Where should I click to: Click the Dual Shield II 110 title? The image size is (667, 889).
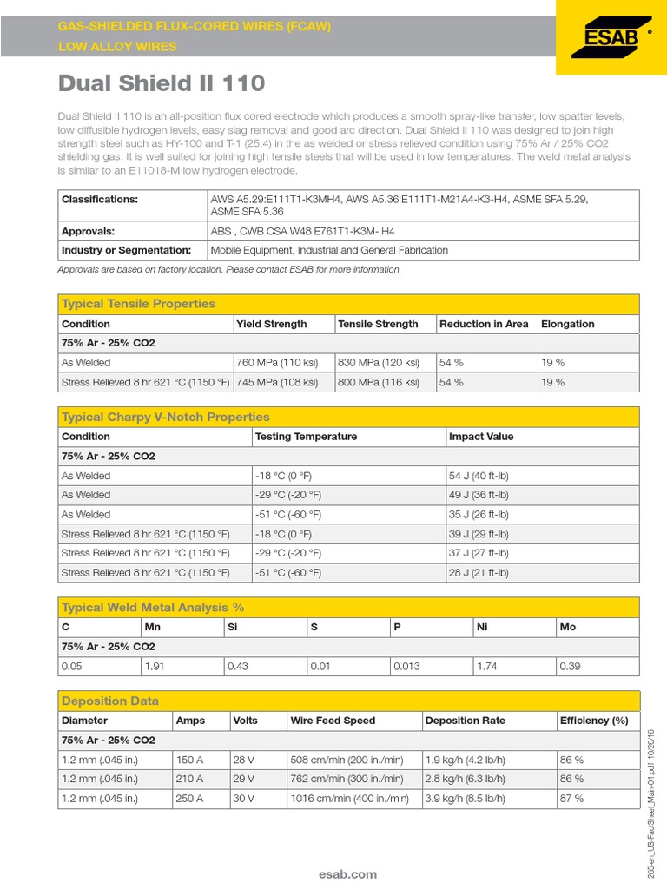tap(161, 83)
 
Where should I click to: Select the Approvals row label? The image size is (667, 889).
tap(88, 232)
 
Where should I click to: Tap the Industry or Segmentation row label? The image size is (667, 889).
tap(126, 250)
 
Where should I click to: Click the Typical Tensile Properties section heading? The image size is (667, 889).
tap(138, 304)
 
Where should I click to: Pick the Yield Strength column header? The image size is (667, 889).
tap(272, 324)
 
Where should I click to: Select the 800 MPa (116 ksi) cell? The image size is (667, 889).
tap(378, 382)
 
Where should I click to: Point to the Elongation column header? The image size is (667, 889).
tap(567, 324)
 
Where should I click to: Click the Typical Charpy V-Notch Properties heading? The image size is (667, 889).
tap(165, 417)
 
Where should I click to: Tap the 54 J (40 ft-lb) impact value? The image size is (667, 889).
tap(479, 476)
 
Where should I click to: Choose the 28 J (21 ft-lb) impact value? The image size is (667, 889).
tap(479, 573)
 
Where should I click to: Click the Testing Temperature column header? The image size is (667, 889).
tap(306, 437)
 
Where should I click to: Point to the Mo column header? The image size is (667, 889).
tap(568, 627)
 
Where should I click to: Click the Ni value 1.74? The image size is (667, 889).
tap(486, 666)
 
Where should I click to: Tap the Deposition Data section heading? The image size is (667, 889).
tap(110, 701)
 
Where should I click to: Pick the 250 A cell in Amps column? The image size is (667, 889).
tap(189, 798)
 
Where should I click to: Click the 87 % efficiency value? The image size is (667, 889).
tap(572, 798)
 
